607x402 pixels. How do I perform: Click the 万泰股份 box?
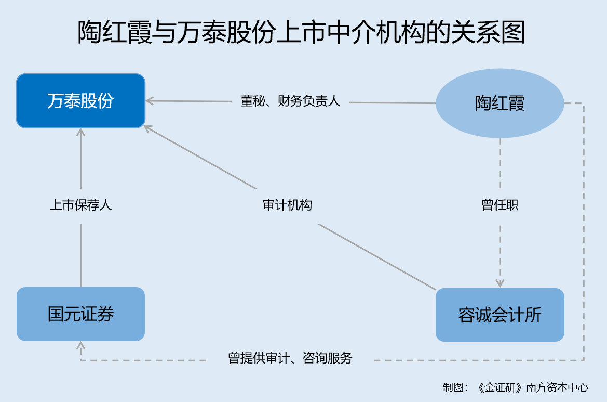pyautogui.click(x=80, y=101)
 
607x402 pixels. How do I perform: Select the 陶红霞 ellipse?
pyautogui.click(x=500, y=103)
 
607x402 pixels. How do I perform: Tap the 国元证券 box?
pyautogui.click(x=80, y=314)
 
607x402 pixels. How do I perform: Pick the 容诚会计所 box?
pyautogui.click(x=500, y=315)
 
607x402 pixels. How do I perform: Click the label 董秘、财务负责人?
pyautogui.click(x=290, y=101)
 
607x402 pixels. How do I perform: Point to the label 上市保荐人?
pyautogui.click(x=80, y=205)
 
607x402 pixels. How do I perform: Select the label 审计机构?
pyautogui.click(x=287, y=205)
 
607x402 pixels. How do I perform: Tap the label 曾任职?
pyautogui.click(x=500, y=205)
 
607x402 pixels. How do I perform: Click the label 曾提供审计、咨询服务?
pyautogui.click(x=290, y=358)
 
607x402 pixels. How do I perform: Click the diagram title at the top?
pyautogui.click(x=301, y=32)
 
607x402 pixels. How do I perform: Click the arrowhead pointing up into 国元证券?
pyautogui.click(x=80, y=345)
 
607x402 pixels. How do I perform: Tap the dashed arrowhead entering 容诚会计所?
pyautogui.click(x=500, y=283)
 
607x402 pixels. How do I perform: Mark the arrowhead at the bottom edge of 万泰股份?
pyautogui.click(x=80, y=133)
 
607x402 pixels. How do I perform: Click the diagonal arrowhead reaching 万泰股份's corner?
pyautogui.click(x=147, y=128)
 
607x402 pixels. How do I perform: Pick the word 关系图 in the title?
pyautogui.click(x=488, y=32)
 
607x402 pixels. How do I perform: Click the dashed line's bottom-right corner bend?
pyautogui.click(x=584, y=360)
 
